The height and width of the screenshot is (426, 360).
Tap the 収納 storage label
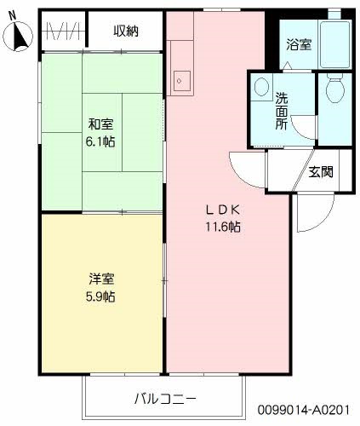(x=127, y=31)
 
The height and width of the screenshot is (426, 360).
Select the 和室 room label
(x=100, y=123)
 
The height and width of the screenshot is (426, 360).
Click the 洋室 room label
(x=101, y=279)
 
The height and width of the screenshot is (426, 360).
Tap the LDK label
(x=224, y=210)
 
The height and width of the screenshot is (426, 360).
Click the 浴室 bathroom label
(x=297, y=43)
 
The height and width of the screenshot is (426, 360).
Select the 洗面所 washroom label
(x=280, y=109)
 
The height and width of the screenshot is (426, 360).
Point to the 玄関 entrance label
(x=320, y=171)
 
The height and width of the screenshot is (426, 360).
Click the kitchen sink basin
(x=181, y=79)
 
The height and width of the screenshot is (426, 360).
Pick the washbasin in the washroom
(x=260, y=89)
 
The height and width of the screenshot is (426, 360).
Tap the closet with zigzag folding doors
(x=63, y=32)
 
